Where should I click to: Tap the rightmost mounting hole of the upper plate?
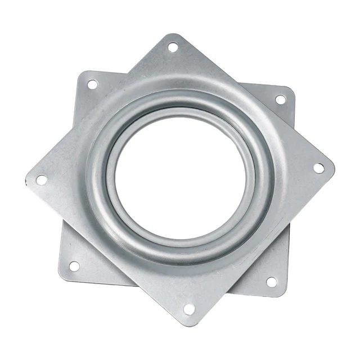pos(318,168)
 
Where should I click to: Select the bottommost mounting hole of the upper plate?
pos(189,309)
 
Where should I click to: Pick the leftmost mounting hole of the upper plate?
pos(41,180)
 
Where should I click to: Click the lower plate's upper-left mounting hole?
pos(92,84)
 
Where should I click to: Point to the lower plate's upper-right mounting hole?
pos(280,100)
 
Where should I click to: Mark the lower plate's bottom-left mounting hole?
pos(74,266)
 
